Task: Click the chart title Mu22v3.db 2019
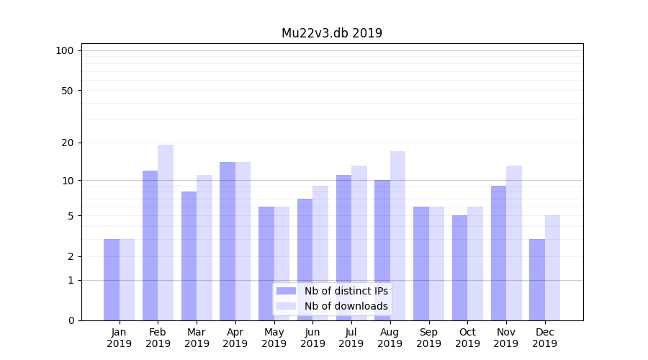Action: click(x=332, y=33)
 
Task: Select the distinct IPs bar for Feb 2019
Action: click(x=150, y=245)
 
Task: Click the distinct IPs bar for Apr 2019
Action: click(x=228, y=240)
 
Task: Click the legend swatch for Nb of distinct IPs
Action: click(x=286, y=291)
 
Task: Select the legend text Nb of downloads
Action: click(x=346, y=306)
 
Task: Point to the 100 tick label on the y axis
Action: click(x=65, y=50)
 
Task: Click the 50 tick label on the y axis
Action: click(x=67, y=91)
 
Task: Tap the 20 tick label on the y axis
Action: click(x=67, y=143)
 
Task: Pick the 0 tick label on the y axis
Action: click(x=71, y=320)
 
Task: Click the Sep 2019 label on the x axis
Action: click(x=428, y=338)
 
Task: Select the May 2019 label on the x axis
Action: click(x=274, y=338)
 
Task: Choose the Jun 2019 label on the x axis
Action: click(x=312, y=338)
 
